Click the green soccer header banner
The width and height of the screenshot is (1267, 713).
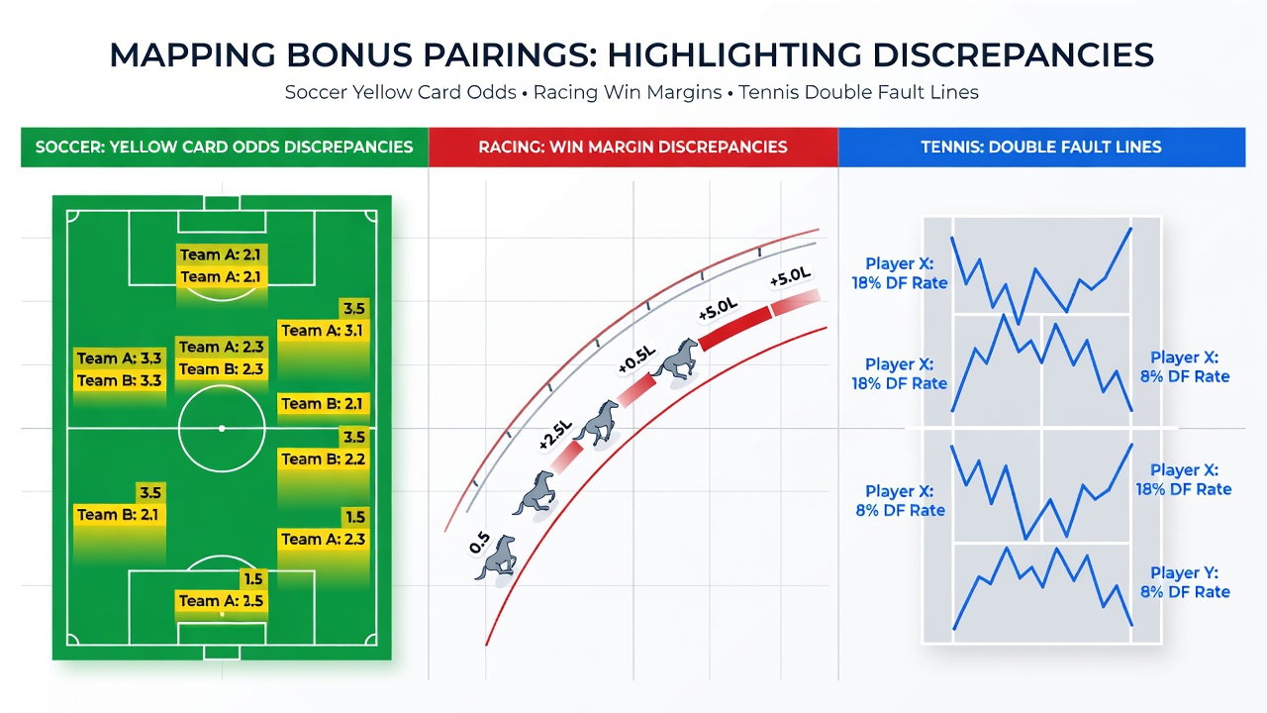pyautogui.click(x=225, y=148)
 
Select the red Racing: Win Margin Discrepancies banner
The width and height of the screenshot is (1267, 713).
pyautogui.click(x=633, y=148)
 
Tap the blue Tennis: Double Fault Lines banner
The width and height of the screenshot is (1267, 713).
pyautogui.click(x=1041, y=148)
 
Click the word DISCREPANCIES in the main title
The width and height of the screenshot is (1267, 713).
pyautogui.click(x=1014, y=54)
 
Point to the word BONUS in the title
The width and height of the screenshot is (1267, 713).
pyautogui.click(x=348, y=54)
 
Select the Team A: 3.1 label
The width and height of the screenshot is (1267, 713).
pyautogui.click(x=323, y=331)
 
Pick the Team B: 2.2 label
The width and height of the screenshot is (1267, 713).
pyautogui.click(x=323, y=458)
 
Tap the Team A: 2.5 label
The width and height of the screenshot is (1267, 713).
pyautogui.click(x=221, y=600)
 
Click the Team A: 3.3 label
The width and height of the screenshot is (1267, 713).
pyautogui.click(x=120, y=358)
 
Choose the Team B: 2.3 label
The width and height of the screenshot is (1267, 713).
pyautogui.click(x=221, y=369)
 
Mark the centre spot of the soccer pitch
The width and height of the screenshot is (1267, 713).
pyautogui.click(x=222, y=429)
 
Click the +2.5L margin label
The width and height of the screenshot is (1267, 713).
pyautogui.click(x=555, y=435)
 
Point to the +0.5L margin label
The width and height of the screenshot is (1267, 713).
pyautogui.click(x=636, y=359)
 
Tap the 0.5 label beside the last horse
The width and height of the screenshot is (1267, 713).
pyautogui.click(x=479, y=543)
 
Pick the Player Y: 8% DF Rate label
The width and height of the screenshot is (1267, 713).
pyautogui.click(x=1185, y=582)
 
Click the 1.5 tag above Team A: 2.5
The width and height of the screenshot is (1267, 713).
pyautogui.click(x=253, y=579)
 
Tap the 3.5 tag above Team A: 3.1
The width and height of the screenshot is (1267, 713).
pyautogui.click(x=354, y=309)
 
